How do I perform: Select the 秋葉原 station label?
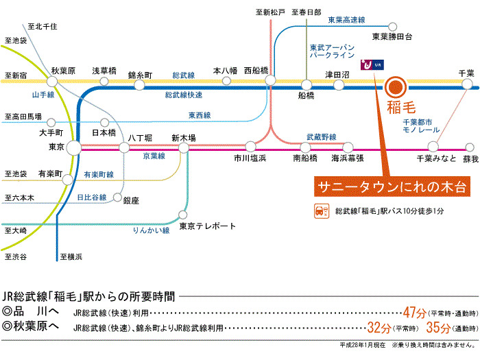tap(63, 71)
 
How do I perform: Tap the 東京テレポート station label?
tap(207, 226)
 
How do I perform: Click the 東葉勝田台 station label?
tap(392, 36)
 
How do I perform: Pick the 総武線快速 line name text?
tap(184, 94)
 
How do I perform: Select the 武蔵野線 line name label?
tap(322, 137)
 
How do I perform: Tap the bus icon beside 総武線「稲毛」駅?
tap(320, 210)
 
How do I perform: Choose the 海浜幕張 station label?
tap(348, 158)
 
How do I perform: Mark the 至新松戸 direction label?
tap(269, 12)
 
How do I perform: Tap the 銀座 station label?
tap(131, 200)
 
